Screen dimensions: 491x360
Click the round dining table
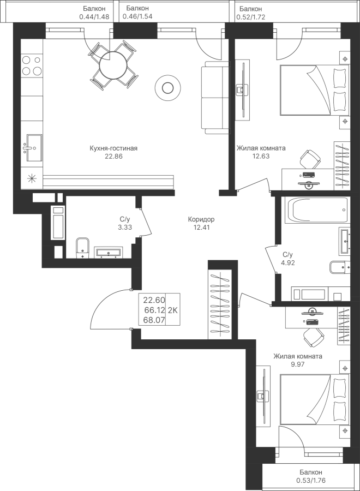[x=112, y=66]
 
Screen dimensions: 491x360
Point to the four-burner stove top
[x=32, y=65]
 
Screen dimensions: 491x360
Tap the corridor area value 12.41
[x=201, y=227]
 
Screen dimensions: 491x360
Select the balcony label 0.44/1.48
[x=94, y=17]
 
